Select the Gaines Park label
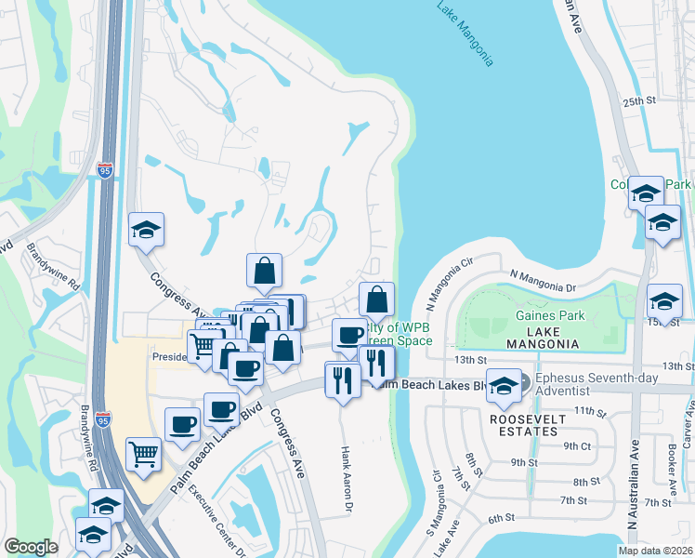click(550, 316)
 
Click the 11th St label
click(589, 410)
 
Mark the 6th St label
click(501, 518)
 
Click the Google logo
click(31, 547)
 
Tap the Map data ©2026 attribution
click(657, 551)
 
